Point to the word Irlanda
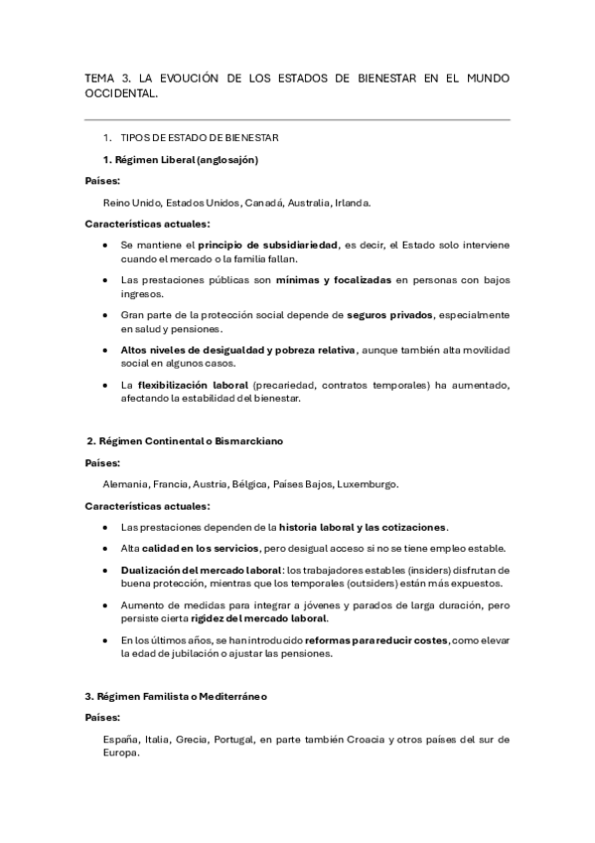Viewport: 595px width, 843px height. [x=352, y=202]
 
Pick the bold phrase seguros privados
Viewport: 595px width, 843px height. [x=390, y=315]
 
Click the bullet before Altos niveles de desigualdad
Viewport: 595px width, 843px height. [x=106, y=350]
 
